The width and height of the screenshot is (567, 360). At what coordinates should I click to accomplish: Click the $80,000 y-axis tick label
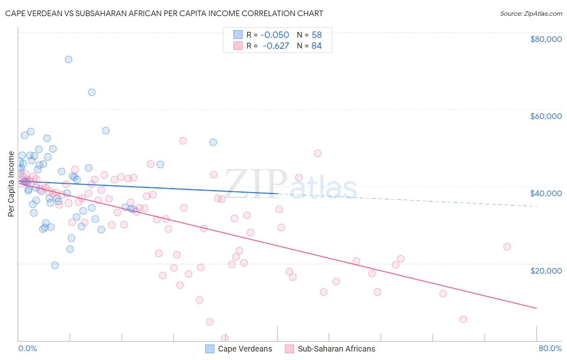point(546,39)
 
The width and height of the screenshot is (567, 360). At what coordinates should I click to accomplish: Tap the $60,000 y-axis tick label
point(546,116)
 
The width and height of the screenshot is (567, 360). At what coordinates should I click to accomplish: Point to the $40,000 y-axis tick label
point(546,193)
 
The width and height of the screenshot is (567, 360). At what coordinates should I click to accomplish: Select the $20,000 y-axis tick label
point(546,270)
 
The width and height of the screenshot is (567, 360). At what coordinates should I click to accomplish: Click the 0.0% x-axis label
point(27,348)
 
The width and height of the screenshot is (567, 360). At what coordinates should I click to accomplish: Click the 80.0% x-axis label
point(550,348)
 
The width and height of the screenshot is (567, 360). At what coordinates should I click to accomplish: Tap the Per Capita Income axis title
point(11,184)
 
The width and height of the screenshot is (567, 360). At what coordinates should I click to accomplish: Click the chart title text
point(164,13)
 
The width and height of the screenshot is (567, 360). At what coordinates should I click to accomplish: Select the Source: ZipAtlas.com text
point(531,13)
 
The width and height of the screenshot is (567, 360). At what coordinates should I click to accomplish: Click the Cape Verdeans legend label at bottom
point(245,349)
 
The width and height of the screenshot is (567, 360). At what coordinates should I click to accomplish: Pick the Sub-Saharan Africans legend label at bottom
point(336,349)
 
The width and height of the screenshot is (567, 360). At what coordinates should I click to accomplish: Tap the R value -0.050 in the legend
point(275,35)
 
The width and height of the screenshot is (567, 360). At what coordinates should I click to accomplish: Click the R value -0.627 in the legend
point(275,46)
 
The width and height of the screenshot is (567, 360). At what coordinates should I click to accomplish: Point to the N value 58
point(317,35)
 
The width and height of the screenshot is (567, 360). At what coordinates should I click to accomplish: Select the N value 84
point(317,46)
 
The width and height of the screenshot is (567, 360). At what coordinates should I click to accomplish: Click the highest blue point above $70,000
point(69,59)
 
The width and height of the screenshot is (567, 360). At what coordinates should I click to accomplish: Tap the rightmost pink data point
point(507,247)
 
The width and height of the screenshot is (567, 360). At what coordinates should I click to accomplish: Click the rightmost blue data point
point(213,142)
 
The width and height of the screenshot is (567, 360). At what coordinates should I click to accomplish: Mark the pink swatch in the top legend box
point(238,46)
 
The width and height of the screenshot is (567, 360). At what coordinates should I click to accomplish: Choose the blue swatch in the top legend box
point(238,35)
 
